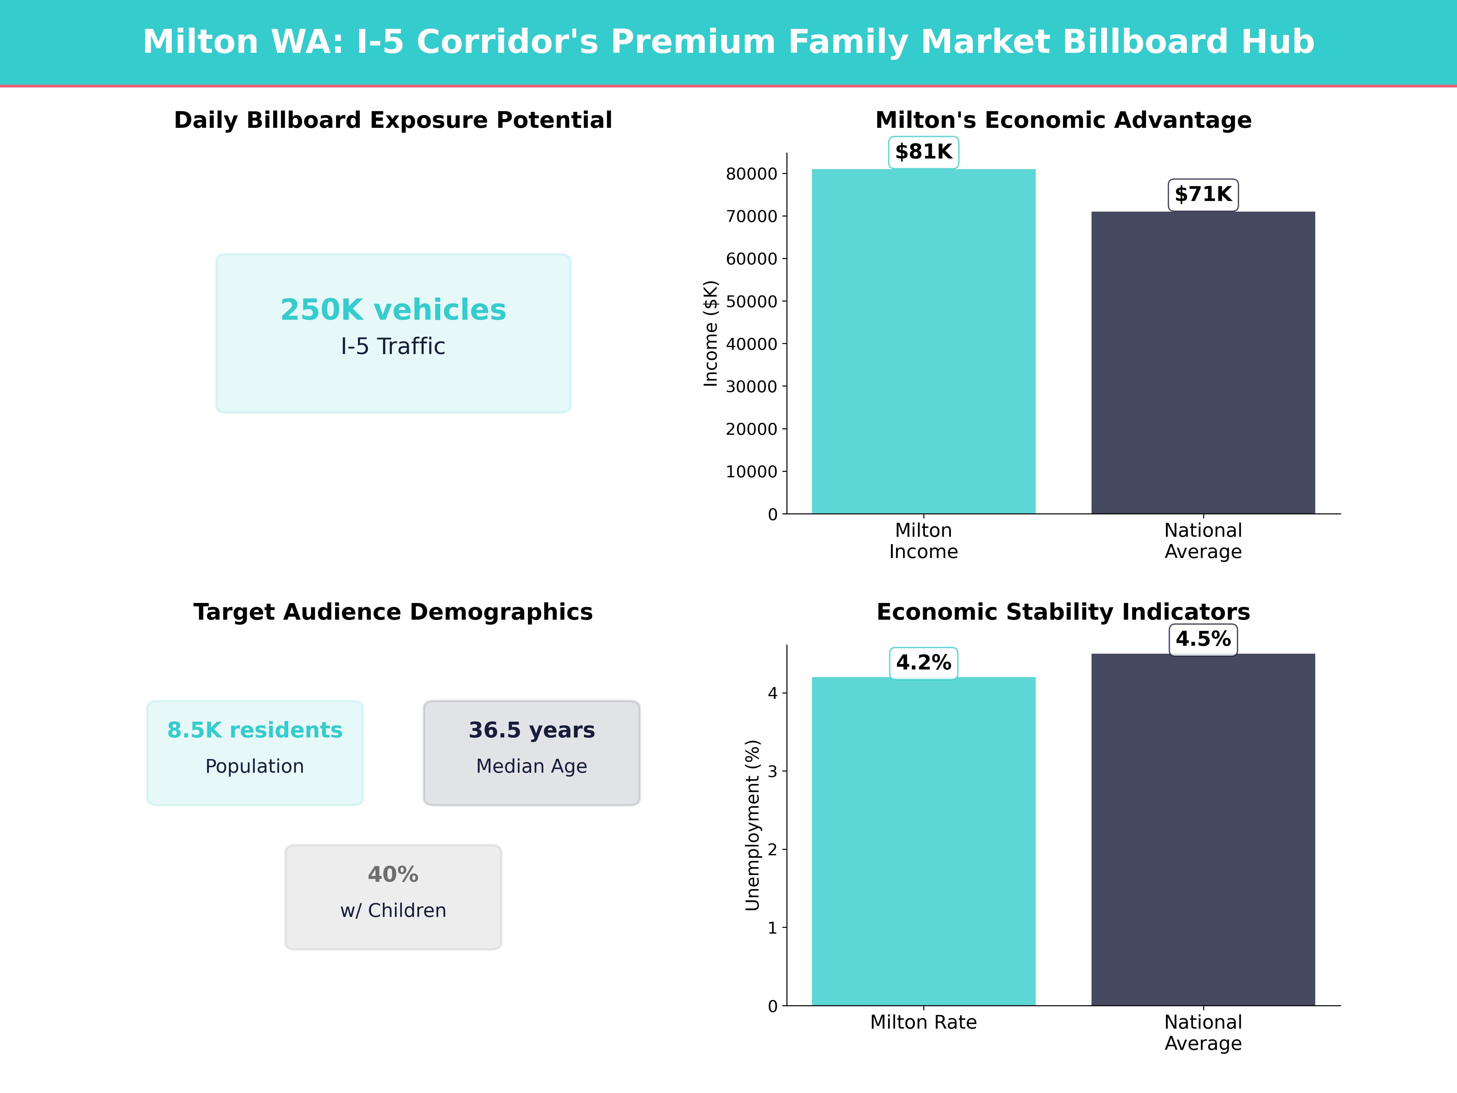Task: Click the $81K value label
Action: (x=923, y=152)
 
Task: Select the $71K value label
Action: (x=1203, y=194)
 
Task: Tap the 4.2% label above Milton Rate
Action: (x=923, y=663)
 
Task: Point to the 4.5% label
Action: (x=1203, y=639)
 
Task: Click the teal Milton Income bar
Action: (x=923, y=342)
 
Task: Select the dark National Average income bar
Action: (x=1203, y=362)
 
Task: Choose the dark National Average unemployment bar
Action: (x=1203, y=830)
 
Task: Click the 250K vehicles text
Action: (x=393, y=310)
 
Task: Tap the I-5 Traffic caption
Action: (x=393, y=346)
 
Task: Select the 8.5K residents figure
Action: (x=255, y=730)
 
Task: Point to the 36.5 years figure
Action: (x=532, y=730)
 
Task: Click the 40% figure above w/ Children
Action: (x=393, y=874)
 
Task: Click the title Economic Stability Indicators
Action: (x=1063, y=612)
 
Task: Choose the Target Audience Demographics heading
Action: (x=393, y=612)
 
